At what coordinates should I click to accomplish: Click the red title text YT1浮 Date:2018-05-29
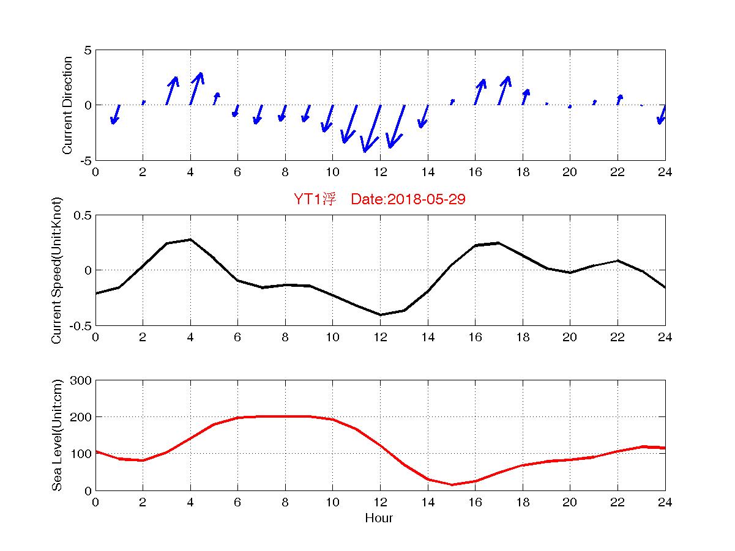(379, 199)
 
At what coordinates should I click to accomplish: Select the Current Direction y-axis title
(67, 105)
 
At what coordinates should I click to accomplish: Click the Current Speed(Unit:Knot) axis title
(56, 270)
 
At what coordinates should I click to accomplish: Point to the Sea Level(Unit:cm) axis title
(56, 435)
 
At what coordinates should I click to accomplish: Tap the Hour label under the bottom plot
(379, 519)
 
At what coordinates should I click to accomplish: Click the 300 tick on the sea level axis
(81, 380)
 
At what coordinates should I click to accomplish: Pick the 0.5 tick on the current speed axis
(82, 215)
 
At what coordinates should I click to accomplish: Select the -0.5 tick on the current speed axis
(80, 325)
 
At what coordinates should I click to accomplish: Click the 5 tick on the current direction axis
(88, 50)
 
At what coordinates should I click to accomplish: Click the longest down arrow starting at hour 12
(371, 129)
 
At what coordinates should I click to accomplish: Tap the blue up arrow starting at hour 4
(196, 88)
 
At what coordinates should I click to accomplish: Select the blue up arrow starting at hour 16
(480, 92)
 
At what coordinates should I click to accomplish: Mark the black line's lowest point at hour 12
(380, 315)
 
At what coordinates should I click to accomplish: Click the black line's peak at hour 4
(190, 240)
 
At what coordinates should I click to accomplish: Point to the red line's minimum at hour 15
(452, 485)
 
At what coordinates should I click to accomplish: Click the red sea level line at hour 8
(285, 416)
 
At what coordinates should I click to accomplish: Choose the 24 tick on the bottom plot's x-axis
(665, 502)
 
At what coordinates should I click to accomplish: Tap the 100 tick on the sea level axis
(81, 454)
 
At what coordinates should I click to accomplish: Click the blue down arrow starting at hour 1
(115, 114)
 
